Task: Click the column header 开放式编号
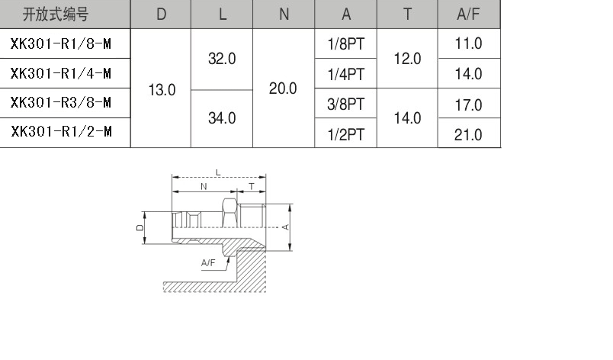click(x=56, y=14)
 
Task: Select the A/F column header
click(x=468, y=14)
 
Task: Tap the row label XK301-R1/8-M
click(x=61, y=43)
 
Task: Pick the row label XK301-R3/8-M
click(x=61, y=103)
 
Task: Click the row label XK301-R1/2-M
click(x=62, y=132)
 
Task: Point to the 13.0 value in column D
click(x=162, y=90)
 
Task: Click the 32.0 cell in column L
click(x=222, y=59)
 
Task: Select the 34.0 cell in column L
click(x=222, y=118)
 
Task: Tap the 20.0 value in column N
click(x=283, y=88)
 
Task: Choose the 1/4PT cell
click(x=346, y=74)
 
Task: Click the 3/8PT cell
click(x=346, y=104)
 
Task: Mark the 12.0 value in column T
click(x=407, y=59)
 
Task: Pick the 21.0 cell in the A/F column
click(x=468, y=135)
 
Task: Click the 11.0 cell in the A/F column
click(x=468, y=43)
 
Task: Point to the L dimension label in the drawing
click(x=218, y=172)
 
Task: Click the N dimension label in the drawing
click(x=204, y=186)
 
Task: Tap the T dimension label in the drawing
click(x=252, y=186)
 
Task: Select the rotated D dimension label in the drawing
click(x=140, y=227)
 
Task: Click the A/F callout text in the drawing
click(x=208, y=262)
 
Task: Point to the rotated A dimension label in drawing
click(x=285, y=227)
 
